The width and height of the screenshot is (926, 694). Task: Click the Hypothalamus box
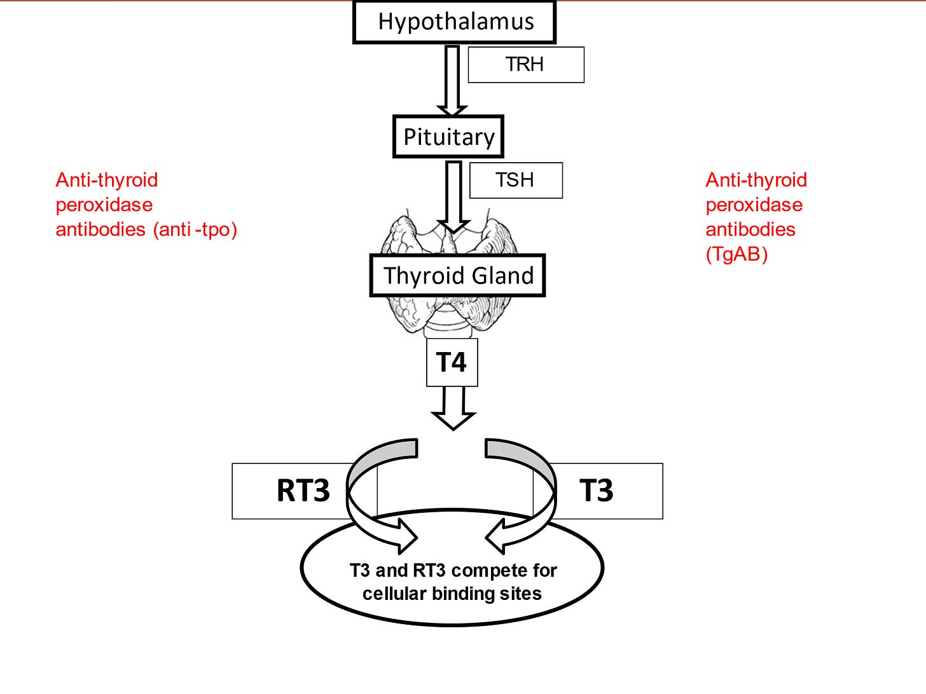pyautogui.click(x=454, y=22)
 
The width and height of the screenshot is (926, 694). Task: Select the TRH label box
pyautogui.click(x=526, y=64)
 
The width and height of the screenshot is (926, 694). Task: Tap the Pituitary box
pyautogui.click(x=448, y=137)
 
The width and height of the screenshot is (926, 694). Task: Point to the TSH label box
pyautogui.click(x=516, y=180)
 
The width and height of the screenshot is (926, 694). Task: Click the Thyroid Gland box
pyautogui.click(x=457, y=276)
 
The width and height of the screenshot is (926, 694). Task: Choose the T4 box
pyautogui.click(x=452, y=362)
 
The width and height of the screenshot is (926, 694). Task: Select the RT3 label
pyautogui.click(x=303, y=491)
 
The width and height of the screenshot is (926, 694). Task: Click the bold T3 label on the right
pyautogui.click(x=596, y=491)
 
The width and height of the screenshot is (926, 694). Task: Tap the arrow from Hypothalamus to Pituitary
pyautogui.click(x=452, y=80)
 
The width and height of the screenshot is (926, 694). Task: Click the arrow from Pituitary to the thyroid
pyautogui.click(x=453, y=197)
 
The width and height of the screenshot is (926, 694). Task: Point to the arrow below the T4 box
pyautogui.click(x=453, y=408)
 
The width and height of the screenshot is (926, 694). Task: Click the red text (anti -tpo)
pyautogui.click(x=195, y=229)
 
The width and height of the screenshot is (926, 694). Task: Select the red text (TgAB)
pyautogui.click(x=736, y=254)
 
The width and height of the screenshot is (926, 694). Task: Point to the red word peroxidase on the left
pyautogui.click(x=104, y=205)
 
